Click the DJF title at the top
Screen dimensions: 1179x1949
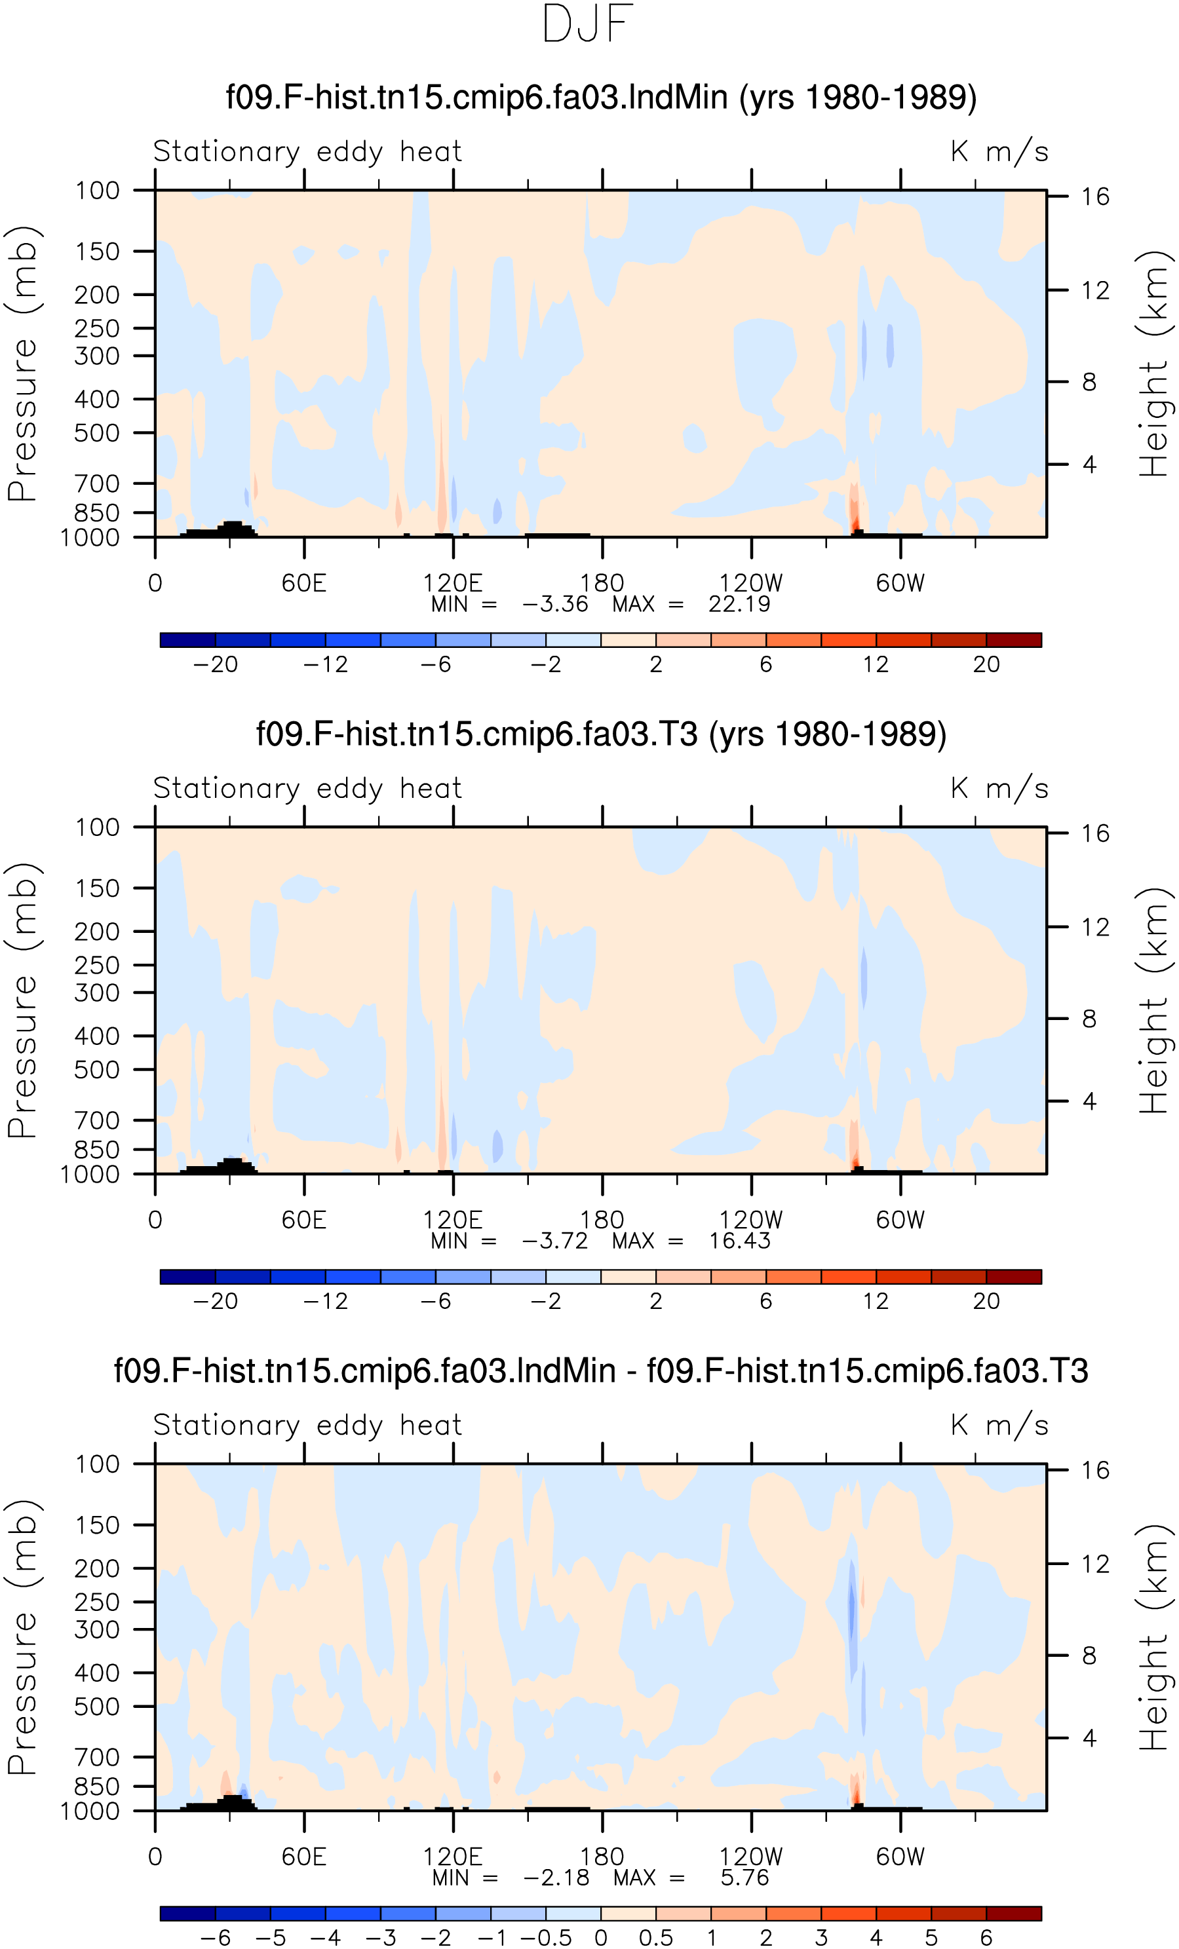[x=587, y=24]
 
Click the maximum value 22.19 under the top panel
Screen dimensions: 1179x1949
[x=739, y=604]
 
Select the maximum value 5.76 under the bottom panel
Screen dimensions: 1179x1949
[x=744, y=1877]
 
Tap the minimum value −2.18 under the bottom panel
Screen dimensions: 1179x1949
[x=556, y=1877]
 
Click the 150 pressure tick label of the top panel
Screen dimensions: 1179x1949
[x=98, y=252]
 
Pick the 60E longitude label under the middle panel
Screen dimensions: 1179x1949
[x=304, y=1220]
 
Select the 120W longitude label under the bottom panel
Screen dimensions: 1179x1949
[x=751, y=1857]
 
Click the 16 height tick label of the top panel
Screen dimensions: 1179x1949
[x=1096, y=196]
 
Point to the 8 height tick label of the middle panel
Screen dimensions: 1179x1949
[x=1090, y=1019]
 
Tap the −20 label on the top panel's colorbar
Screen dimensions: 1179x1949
[x=215, y=664]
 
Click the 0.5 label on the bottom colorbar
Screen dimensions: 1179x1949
[x=656, y=1937]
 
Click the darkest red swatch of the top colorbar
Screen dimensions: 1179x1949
[x=1014, y=640]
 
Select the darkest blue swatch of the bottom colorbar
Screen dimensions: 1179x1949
[x=187, y=1914]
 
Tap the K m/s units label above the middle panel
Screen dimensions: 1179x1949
[x=999, y=789]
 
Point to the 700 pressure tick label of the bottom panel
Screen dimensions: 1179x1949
[x=98, y=1757]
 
